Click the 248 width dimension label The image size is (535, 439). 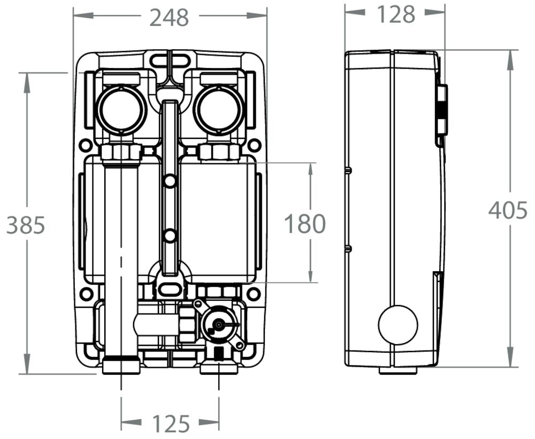point(169,17)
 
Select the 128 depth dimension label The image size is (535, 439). point(396,14)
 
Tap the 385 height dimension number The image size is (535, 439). point(25,225)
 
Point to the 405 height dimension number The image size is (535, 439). point(508,211)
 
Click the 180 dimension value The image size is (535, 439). point(304,224)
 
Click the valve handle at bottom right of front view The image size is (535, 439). point(219,325)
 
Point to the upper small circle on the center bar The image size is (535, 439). point(170,182)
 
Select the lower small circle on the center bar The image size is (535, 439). point(170,236)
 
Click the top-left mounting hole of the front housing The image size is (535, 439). point(85,145)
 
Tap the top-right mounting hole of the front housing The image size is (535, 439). point(255,145)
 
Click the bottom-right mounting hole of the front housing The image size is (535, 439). point(254,294)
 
